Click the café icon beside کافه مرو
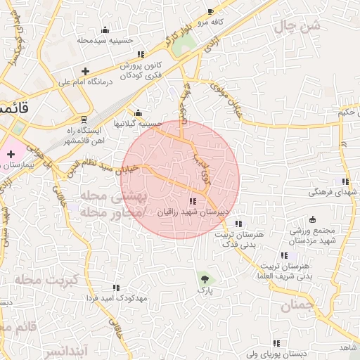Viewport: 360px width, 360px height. (x=210, y=12)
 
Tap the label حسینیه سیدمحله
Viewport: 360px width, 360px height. (x=105, y=40)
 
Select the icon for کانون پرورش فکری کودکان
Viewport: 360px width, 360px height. (x=141, y=54)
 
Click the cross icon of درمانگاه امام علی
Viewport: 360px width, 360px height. (x=85, y=71)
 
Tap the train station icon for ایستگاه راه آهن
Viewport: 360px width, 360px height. (x=84, y=120)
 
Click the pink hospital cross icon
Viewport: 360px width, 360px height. (x=11, y=154)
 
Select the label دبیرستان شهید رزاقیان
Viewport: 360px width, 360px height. (x=193, y=212)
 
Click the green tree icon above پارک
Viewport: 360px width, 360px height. (x=205, y=278)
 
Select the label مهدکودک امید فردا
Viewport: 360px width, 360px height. (x=117, y=298)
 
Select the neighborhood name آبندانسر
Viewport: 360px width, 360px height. (x=63, y=349)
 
